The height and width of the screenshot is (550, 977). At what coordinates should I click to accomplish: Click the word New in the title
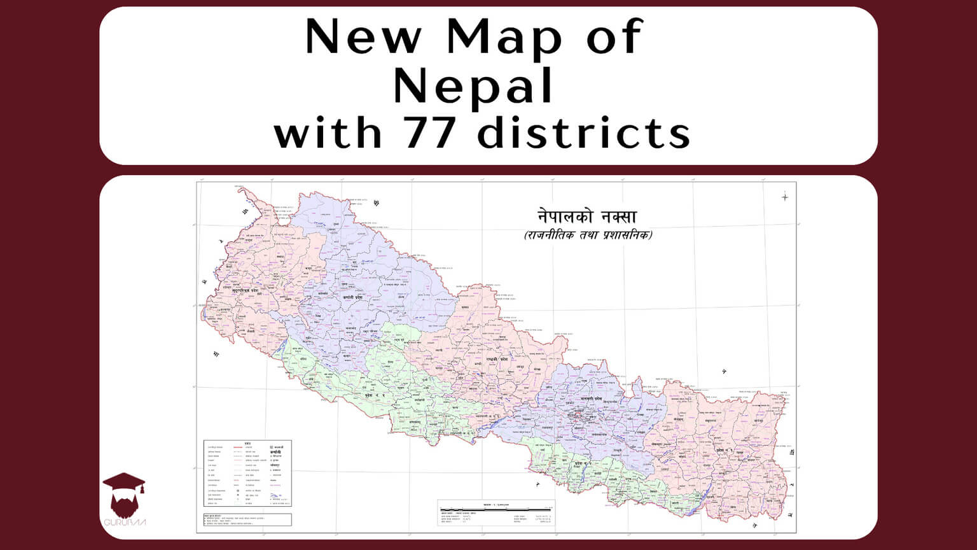363,37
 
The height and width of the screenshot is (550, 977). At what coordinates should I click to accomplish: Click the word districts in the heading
584,133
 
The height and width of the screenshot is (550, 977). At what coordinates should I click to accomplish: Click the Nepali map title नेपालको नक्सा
586,216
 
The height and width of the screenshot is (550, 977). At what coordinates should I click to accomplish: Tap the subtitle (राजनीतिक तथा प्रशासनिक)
588,235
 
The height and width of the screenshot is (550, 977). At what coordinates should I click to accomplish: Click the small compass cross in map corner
785,197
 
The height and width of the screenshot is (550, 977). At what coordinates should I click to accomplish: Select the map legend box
247,473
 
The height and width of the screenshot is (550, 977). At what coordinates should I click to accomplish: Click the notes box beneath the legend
247,519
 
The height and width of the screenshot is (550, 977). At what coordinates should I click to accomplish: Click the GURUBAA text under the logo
125,523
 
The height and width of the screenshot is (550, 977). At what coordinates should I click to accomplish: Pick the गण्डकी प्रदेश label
494,359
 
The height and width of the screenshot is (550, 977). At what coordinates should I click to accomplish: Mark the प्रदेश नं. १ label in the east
729,451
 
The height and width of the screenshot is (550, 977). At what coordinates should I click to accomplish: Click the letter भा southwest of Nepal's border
216,354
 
